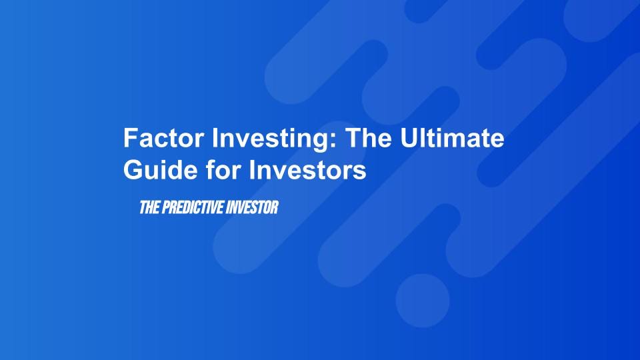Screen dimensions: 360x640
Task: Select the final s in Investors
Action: tap(361, 172)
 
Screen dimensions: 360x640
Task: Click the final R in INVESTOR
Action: tap(273, 208)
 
